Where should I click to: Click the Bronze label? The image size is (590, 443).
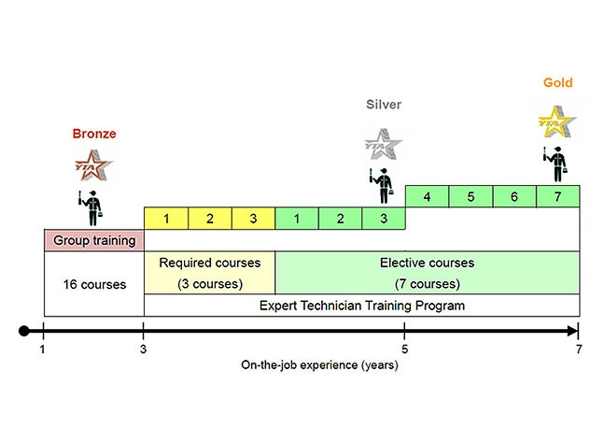pos(94,134)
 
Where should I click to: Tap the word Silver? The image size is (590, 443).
pos(383,105)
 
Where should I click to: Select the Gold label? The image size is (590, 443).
pos(558,83)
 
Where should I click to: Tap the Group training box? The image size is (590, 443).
pos(94,240)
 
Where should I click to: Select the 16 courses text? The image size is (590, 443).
pos(94,284)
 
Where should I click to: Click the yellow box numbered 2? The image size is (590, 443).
pos(210,219)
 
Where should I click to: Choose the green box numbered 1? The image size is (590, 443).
pos(298,219)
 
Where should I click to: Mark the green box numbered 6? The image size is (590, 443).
pos(514,197)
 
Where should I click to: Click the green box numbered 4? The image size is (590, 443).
pos(427,197)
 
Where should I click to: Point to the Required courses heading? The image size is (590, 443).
pos(210,264)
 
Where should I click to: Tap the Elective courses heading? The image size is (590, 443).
pos(427,264)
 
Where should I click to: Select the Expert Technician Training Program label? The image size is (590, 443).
pos(360,306)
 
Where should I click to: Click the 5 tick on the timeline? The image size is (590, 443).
pos(404,331)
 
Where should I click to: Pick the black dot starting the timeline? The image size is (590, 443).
pos(24,331)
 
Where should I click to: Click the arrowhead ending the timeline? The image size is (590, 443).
pos(571,331)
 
